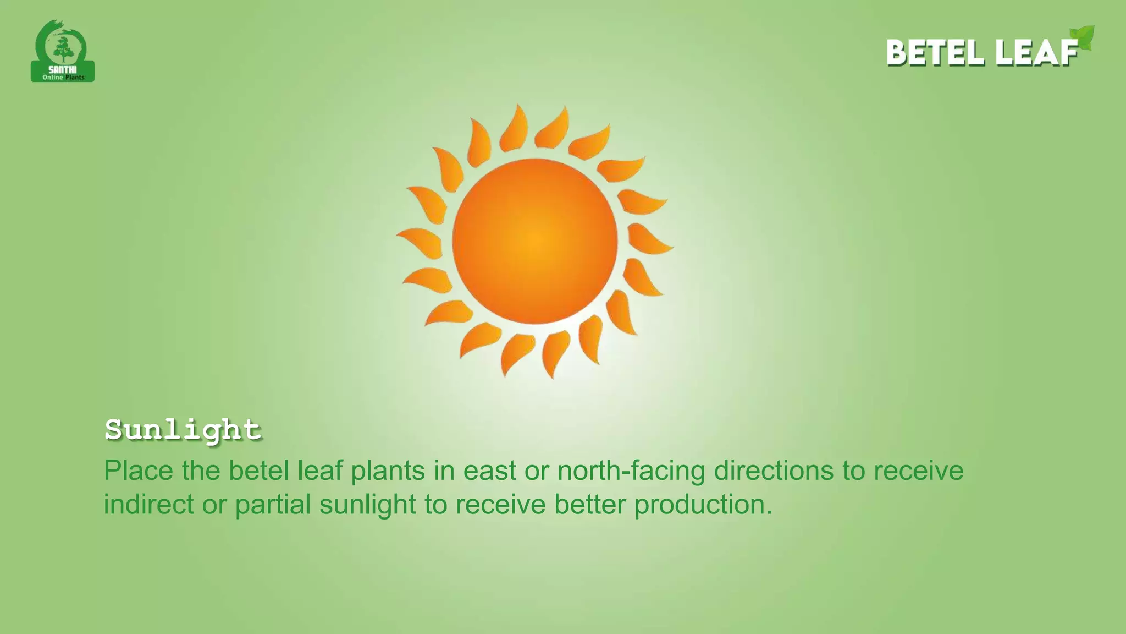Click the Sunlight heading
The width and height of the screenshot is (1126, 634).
pyautogui.click(x=183, y=430)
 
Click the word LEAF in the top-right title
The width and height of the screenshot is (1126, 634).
pyautogui.click(x=1037, y=53)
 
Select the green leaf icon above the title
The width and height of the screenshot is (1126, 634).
pyautogui.click(x=1082, y=37)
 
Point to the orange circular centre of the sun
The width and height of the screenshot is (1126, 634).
pyautogui.click(x=534, y=241)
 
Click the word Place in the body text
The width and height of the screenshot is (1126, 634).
pyautogui.click(x=138, y=471)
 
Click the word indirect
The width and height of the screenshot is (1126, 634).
pyautogui.click(x=148, y=505)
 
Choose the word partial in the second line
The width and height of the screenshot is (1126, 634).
pyautogui.click(x=273, y=505)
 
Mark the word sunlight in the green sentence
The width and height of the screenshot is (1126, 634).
pyautogui.click(x=367, y=505)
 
